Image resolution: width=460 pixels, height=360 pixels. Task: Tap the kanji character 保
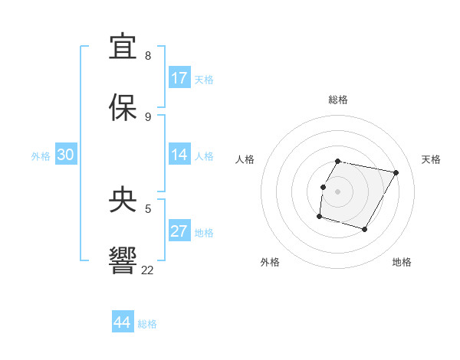(124, 107)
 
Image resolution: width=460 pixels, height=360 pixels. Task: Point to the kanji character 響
(124, 260)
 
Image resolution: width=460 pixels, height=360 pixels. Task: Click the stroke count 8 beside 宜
(148, 56)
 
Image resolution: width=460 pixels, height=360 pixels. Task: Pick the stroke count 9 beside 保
(148, 116)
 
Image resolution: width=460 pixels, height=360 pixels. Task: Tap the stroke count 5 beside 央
(148, 208)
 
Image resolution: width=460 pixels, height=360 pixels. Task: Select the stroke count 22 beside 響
(147, 270)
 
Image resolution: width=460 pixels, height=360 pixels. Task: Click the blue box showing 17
(179, 78)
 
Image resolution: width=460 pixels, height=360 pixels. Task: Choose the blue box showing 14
(179, 155)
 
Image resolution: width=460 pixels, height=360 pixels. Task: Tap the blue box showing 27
(179, 231)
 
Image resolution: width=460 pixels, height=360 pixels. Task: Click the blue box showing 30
(66, 155)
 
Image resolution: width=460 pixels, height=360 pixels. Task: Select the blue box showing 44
(123, 322)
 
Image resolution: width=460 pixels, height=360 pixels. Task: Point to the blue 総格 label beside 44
(147, 324)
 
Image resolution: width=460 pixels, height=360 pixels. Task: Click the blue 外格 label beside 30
(41, 156)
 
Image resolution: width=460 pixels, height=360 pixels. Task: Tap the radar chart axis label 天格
(431, 159)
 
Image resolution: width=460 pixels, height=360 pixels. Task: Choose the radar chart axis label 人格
(245, 159)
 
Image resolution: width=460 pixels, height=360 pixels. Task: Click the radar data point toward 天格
(396, 173)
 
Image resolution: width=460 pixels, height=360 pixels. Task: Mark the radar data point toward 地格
(364, 230)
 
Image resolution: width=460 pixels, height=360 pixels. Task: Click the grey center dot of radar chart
(337, 191)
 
